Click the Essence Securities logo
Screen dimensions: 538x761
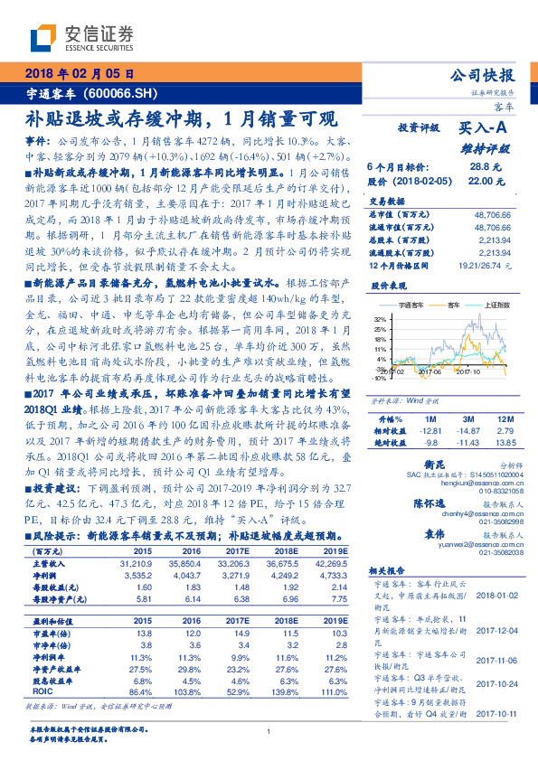click(81, 37)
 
